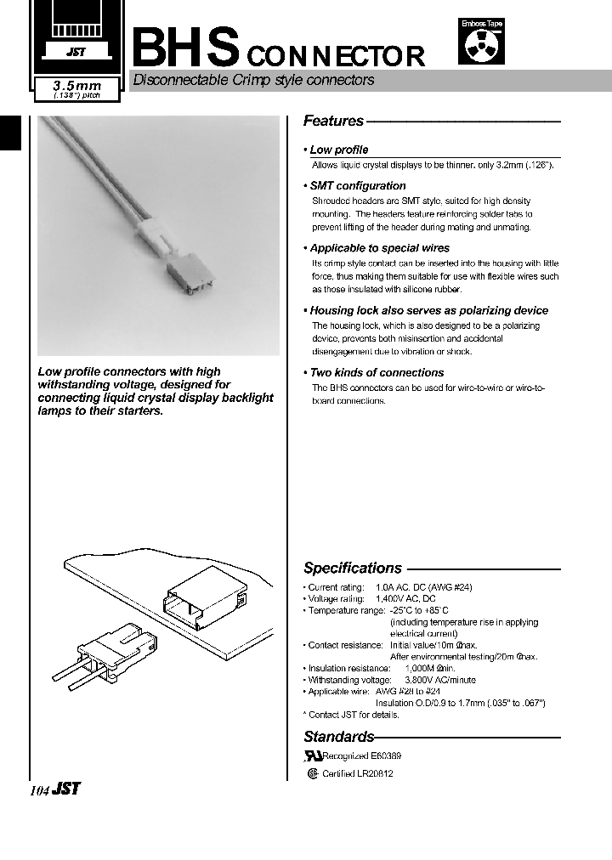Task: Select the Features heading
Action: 333,122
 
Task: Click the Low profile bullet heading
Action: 338,150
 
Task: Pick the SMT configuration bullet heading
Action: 357,185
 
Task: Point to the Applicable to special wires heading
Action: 379,248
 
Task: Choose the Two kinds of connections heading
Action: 377,372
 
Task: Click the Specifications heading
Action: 353,568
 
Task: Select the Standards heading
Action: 338,737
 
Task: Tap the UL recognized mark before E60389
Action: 314,755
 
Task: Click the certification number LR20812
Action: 375,774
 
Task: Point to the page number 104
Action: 39,790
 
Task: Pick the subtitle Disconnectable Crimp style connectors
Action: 252,81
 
